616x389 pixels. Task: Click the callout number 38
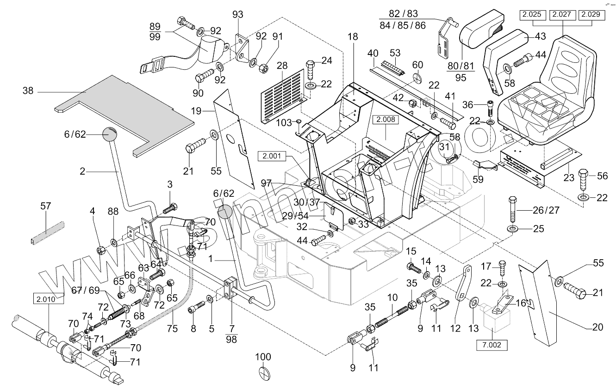[28, 91]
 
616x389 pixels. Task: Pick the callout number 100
[263, 357]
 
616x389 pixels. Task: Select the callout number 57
[46, 206]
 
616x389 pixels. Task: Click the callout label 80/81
[460, 66]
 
